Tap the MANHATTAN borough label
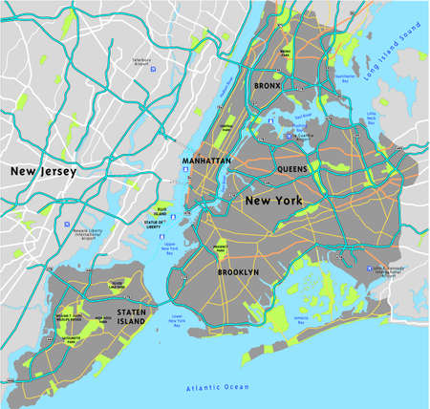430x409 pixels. (205, 162)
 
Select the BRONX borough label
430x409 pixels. (267, 86)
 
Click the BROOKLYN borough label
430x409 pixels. (238, 272)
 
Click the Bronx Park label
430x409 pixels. (286, 53)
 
